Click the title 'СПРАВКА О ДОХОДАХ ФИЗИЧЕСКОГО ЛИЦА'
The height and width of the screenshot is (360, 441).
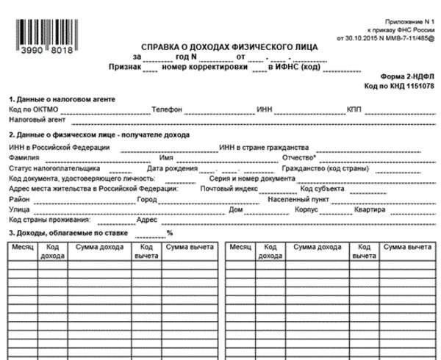pyautogui.click(x=221, y=46)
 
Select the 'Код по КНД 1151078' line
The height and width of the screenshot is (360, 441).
pyautogui.click(x=401, y=86)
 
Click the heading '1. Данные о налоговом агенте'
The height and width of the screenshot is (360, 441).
pyautogui.click(x=62, y=98)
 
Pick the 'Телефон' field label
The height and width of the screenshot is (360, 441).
pyautogui.click(x=166, y=108)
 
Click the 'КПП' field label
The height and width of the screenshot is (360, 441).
pyautogui.click(x=354, y=108)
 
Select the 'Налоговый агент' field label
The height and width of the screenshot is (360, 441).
pyautogui.click(x=36, y=118)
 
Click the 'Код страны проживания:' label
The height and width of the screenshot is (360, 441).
pyautogui.click(x=49, y=220)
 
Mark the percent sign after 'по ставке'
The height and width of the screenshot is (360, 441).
pyautogui.click(x=169, y=233)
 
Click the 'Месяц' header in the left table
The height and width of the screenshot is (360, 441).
pyautogui.click(x=23, y=248)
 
